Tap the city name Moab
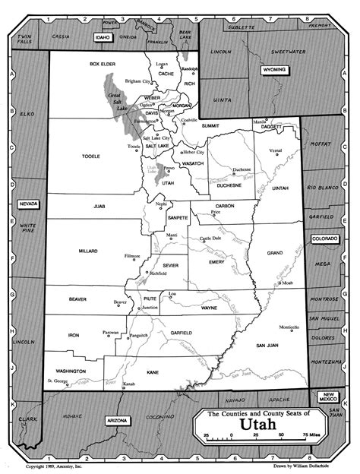click(287, 283)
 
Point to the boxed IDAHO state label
click(103, 36)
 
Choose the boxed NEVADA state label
click(29, 204)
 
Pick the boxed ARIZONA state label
click(118, 420)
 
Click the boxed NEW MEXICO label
click(328, 397)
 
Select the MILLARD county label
click(89, 250)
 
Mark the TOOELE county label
click(90, 156)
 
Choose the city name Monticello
click(289, 327)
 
